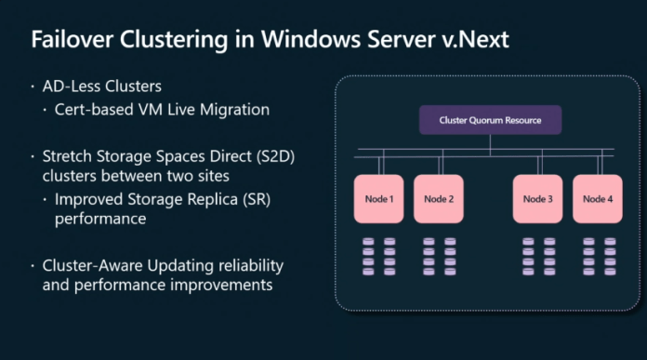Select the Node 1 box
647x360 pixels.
pos(378,198)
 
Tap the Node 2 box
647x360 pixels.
pos(439,198)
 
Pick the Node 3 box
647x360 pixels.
pos(538,198)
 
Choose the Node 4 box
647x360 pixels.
pos(597,198)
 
